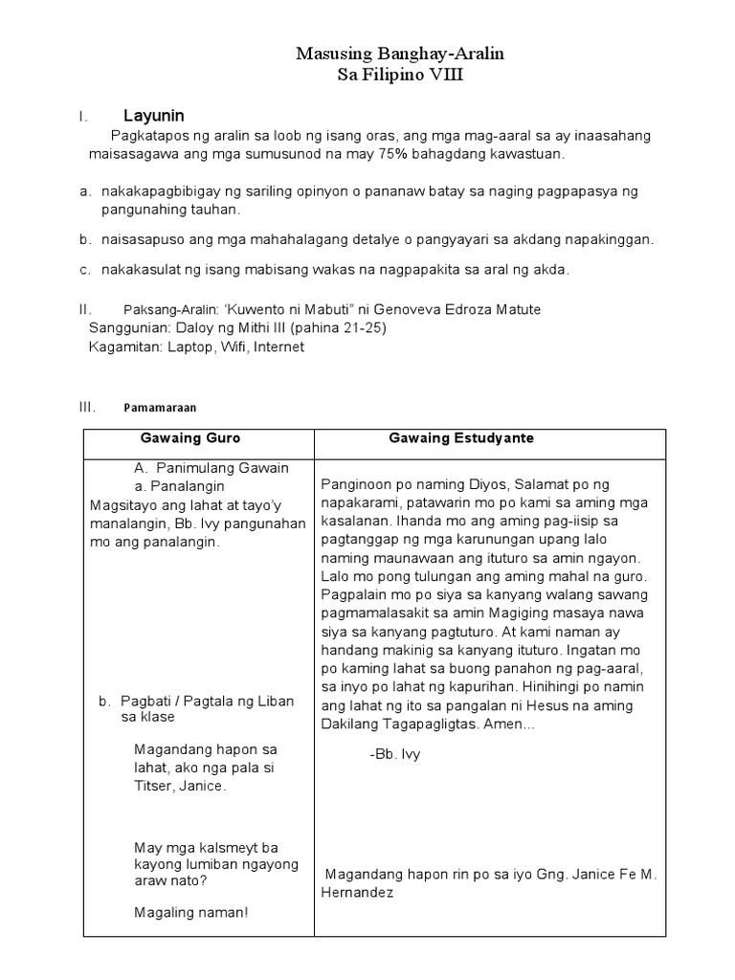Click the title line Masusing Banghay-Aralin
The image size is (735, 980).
click(399, 56)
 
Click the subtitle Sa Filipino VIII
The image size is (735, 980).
click(399, 77)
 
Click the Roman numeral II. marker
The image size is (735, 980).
click(85, 309)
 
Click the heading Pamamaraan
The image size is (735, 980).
click(160, 407)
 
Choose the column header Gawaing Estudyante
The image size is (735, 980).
click(461, 438)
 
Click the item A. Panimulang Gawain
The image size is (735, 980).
click(212, 468)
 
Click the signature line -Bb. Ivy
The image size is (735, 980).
click(394, 754)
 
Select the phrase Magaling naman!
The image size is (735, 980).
click(191, 912)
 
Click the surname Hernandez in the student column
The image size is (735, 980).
click(358, 893)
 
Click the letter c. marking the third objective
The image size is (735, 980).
click(85, 270)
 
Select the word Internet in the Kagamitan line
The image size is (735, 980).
click(276, 347)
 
